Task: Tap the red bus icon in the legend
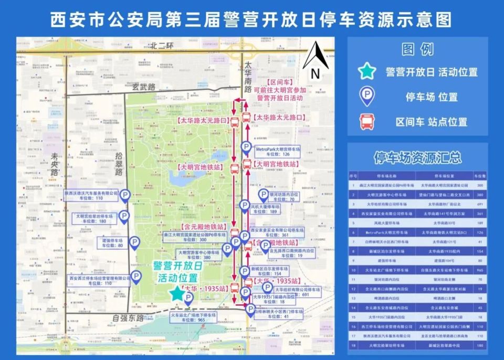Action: point(365,122)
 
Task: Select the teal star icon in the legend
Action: point(365,71)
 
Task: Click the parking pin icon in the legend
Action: point(365,97)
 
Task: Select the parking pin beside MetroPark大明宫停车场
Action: point(246,147)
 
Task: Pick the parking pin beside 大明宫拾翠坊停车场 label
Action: point(124,216)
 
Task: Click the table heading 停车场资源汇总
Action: point(417,157)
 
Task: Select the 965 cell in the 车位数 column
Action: point(479,270)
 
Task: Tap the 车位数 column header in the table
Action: point(479,176)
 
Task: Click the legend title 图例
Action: point(417,50)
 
